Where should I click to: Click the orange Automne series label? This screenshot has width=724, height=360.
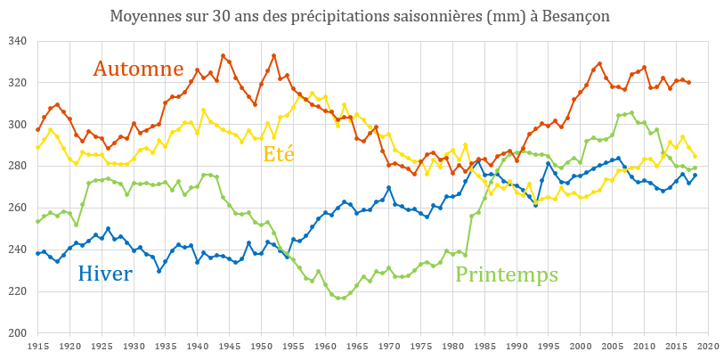[x=139, y=69]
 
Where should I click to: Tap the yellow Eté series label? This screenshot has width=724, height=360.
[x=279, y=153]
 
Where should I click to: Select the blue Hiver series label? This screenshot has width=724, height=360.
[x=105, y=274]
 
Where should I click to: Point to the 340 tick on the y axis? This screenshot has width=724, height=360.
[x=18, y=42]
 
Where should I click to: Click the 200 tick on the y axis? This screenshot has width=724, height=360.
[x=18, y=333]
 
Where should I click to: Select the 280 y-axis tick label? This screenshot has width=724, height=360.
[x=18, y=167]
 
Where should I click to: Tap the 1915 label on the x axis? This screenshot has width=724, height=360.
[x=38, y=345]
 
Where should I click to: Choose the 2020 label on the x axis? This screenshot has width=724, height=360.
[x=708, y=345]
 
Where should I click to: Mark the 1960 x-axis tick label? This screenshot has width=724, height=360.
[x=325, y=345]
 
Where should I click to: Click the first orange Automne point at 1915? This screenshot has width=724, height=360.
[x=38, y=129]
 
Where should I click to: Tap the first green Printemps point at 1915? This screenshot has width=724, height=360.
[x=38, y=221]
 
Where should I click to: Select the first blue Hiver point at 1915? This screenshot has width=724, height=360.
[x=38, y=253]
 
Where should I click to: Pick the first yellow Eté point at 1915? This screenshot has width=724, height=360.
[x=38, y=147]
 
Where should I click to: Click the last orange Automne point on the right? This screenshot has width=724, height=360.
[x=688, y=83]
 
